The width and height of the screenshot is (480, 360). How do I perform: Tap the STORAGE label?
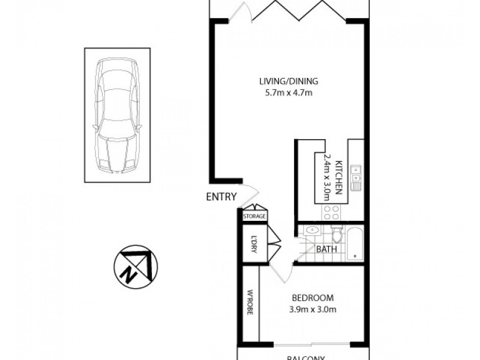[254, 216]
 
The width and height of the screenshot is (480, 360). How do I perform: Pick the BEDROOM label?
[312, 298]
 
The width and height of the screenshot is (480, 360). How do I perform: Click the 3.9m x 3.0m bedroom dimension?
[312, 310]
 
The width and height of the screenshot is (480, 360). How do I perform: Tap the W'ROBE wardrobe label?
[250, 304]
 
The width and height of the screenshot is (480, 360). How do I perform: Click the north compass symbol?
[133, 265]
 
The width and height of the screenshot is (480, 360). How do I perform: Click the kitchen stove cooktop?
[332, 212]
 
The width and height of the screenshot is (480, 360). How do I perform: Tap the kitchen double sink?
[356, 175]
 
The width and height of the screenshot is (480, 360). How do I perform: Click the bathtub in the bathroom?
[355, 245]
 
